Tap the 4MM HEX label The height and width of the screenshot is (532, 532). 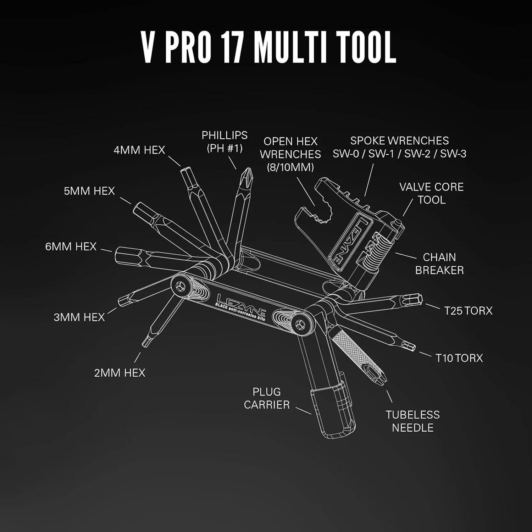click(x=139, y=150)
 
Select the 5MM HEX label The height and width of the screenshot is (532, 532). click(x=89, y=191)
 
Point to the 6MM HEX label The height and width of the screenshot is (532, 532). click(x=71, y=246)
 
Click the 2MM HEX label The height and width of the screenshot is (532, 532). click(x=120, y=373)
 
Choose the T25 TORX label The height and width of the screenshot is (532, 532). click(x=468, y=311)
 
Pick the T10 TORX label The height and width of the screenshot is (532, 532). click(x=459, y=358)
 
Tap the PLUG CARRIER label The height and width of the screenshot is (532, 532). click(x=267, y=398)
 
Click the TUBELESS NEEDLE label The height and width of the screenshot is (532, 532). click(x=412, y=421)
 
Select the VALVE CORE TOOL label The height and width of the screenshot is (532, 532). click(x=431, y=193)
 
